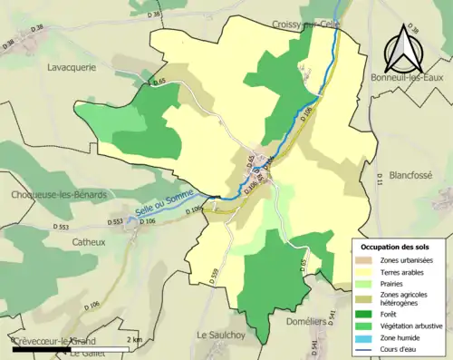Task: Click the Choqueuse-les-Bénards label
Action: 60,195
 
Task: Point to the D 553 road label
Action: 115,221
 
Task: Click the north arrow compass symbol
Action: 404,50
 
